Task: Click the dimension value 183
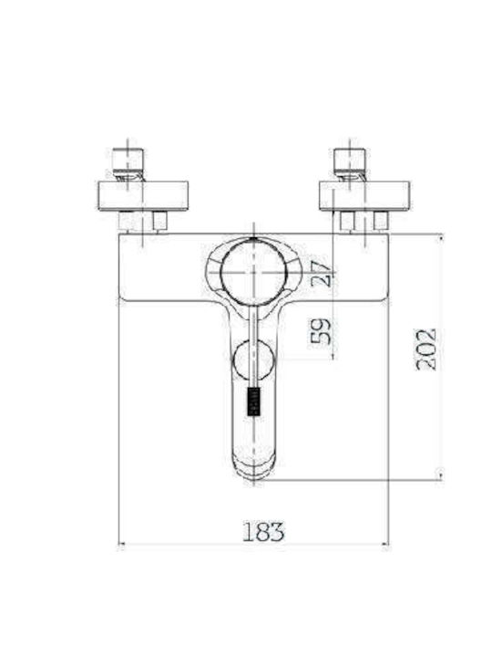coord(263,531)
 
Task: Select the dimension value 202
coord(426,349)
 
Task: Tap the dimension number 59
coord(321,331)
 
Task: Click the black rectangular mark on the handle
coord(254,401)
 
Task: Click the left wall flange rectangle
coord(142,195)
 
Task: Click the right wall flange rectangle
coord(364,195)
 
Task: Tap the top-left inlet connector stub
coord(128,159)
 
